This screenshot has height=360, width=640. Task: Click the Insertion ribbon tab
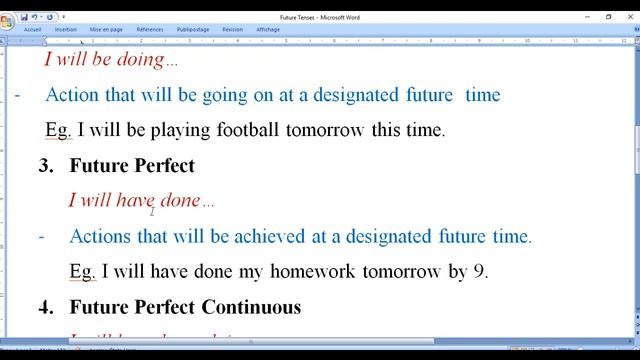pyautogui.click(x=66, y=30)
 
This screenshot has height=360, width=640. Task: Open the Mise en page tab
pyautogui.click(x=106, y=30)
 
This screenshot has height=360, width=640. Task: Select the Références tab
pyautogui.click(x=150, y=30)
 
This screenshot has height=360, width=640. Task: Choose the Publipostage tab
pyautogui.click(x=193, y=30)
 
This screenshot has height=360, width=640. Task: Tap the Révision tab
pyautogui.click(x=233, y=30)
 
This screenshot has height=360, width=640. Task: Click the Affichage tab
pyautogui.click(x=268, y=30)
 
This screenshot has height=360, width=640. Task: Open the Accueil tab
pyautogui.click(x=33, y=30)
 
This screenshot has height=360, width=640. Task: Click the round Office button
pyautogui.click(x=8, y=21)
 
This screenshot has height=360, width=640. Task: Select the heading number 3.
pyautogui.click(x=45, y=166)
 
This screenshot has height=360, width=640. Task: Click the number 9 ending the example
pyautogui.click(x=481, y=272)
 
